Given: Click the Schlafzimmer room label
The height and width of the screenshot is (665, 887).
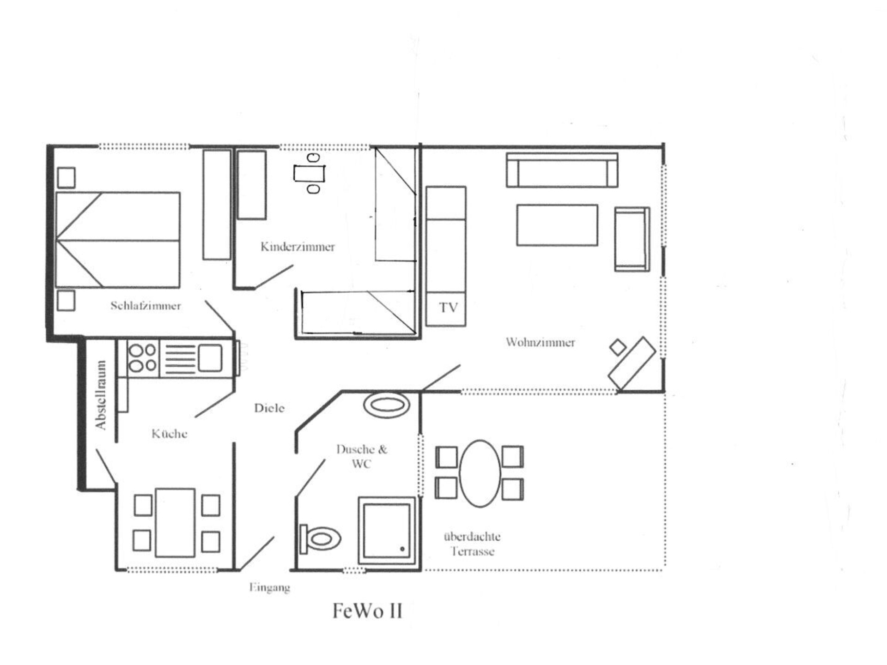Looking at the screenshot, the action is [x=146, y=306].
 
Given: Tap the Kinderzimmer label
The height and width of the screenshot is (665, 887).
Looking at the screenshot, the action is [x=298, y=247].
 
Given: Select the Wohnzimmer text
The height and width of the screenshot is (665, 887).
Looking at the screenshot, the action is [x=540, y=342].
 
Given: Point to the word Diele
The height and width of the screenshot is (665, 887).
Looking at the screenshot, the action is [x=269, y=408].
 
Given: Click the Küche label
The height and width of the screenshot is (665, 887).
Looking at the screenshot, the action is [x=169, y=434].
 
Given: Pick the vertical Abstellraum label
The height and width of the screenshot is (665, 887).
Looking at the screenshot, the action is [x=101, y=395].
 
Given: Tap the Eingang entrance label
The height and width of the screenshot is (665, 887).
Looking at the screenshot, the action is [x=270, y=588].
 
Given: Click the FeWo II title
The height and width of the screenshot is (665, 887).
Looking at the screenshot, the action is [x=367, y=611].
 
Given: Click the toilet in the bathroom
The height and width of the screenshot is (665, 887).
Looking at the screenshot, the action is [x=320, y=538].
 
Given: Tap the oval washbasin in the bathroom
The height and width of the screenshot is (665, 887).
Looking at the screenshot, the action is [x=387, y=405].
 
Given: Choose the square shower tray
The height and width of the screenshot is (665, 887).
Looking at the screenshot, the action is [x=387, y=531].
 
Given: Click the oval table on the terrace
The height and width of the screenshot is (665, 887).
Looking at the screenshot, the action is [x=480, y=473].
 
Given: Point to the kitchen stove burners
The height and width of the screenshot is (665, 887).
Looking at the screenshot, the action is [x=142, y=358].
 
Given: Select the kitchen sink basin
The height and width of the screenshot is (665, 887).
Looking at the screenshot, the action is [x=210, y=358].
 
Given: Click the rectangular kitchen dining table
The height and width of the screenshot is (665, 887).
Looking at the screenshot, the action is [x=175, y=523].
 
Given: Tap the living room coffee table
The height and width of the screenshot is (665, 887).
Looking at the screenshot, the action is [x=557, y=225].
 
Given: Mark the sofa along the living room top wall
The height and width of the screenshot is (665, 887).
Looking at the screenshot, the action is [x=562, y=170].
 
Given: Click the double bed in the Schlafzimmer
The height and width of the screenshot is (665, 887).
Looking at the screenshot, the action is [x=118, y=240].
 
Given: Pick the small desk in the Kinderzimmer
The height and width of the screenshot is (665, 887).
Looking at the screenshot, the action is [x=309, y=174].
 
